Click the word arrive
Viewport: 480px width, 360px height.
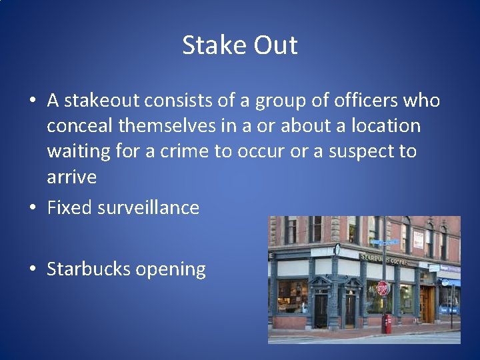click(71, 177)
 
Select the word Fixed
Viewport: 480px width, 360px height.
click(70, 207)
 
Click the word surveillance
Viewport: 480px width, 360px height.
click(149, 207)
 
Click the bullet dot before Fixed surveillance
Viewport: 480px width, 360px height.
click(33, 208)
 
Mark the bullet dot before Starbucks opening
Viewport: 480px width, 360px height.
click(33, 269)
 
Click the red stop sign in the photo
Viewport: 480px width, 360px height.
click(382, 289)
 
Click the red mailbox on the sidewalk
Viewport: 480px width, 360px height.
click(387, 323)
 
